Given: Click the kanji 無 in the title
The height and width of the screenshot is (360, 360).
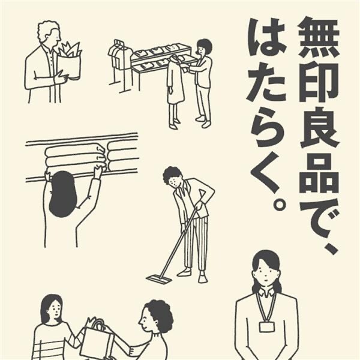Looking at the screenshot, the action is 319,38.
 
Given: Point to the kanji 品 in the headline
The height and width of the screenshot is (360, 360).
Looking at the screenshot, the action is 319,173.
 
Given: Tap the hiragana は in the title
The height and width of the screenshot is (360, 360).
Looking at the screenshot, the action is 268,37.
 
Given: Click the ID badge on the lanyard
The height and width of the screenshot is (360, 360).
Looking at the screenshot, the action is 266,326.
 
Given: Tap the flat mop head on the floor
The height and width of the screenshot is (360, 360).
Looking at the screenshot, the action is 159,279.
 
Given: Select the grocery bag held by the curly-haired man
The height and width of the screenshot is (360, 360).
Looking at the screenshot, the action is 68,62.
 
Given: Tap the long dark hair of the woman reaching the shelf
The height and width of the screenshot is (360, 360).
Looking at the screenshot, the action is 62,194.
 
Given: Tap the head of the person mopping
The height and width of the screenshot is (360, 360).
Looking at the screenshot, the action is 173,178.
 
